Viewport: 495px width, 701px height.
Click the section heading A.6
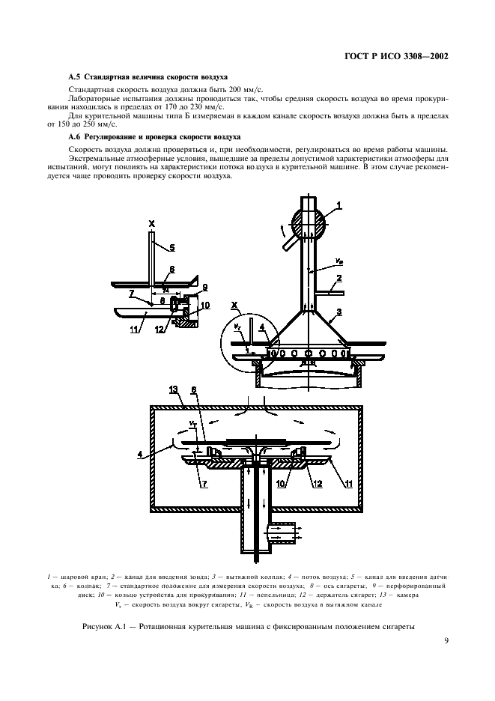[154, 137]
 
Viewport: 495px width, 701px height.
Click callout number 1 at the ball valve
[338, 204]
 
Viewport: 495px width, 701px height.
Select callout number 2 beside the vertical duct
[338, 278]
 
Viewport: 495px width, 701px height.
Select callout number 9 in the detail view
[204, 287]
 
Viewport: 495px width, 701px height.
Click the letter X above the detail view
[151, 223]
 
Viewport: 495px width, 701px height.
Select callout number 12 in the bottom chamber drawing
[318, 484]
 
